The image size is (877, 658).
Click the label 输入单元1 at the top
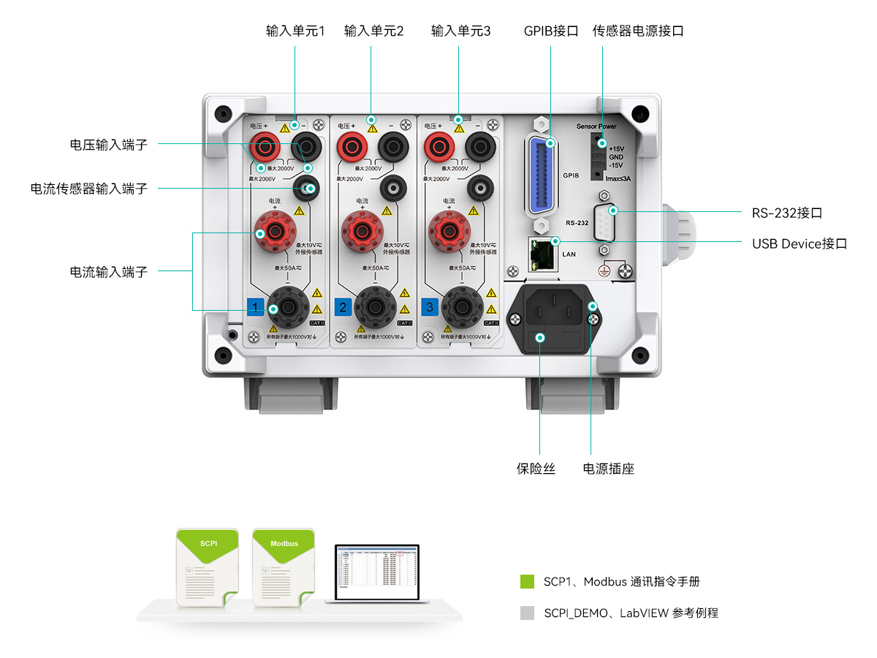pyautogui.click(x=295, y=31)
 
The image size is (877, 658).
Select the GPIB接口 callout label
pyautogui.click(x=551, y=31)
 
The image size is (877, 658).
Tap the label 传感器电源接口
pyautogui.click(x=637, y=31)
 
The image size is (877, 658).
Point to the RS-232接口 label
pyautogui.click(x=787, y=213)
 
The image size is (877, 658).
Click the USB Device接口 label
pyautogui.click(x=800, y=243)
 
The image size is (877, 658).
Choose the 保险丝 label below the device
pyautogui.click(x=536, y=469)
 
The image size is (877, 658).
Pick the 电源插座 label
pyautogui.click(x=608, y=469)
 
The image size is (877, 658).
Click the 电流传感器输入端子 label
pyautogui.click(x=88, y=189)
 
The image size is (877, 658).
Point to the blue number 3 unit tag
pyautogui.click(x=429, y=306)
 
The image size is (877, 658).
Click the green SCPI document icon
pyautogui.click(x=208, y=566)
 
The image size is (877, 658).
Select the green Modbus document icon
pyautogui.click(x=284, y=566)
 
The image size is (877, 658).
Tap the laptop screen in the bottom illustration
pyautogui.click(x=376, y=572)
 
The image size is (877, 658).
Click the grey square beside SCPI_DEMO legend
pyautogui.click(x=527, y=613)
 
